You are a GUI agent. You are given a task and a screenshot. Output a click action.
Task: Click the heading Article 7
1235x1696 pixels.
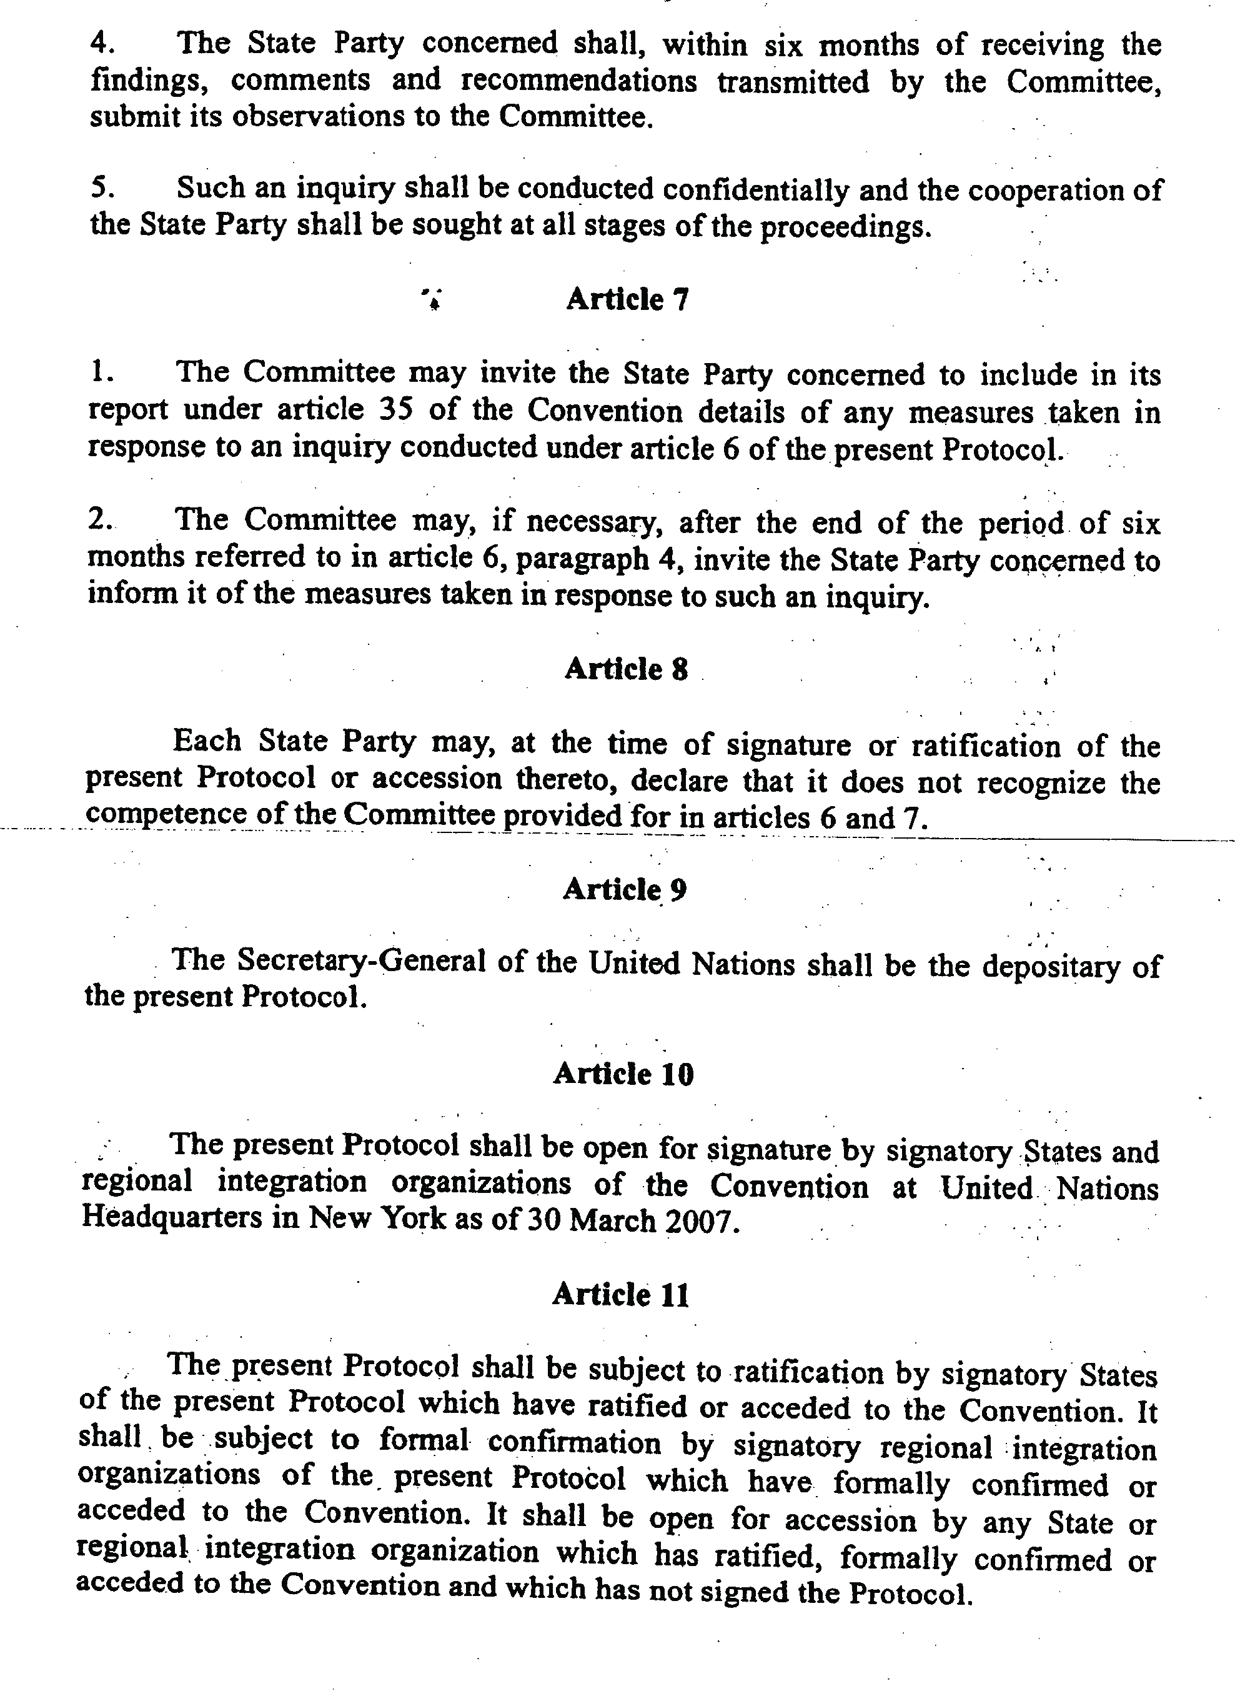tap(627, 299)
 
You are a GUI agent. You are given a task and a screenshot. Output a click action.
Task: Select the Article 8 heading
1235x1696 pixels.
tap(626, 668)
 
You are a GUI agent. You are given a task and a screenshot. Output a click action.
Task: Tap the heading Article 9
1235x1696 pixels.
tap(624, 889)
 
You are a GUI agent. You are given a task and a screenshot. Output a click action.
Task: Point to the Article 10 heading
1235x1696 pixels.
tap(623, 1074)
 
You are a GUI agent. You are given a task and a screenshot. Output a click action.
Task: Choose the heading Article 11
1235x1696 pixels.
tap(620, 1294)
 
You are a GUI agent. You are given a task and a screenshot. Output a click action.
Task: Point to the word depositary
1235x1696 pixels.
tap(1050, 966)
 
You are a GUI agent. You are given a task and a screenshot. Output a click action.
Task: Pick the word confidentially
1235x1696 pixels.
tap(755, 190)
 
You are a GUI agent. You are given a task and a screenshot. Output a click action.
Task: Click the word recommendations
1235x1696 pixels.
tap(578, 81)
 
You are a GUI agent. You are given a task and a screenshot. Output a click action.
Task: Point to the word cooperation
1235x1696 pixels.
tap(1046, 191)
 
